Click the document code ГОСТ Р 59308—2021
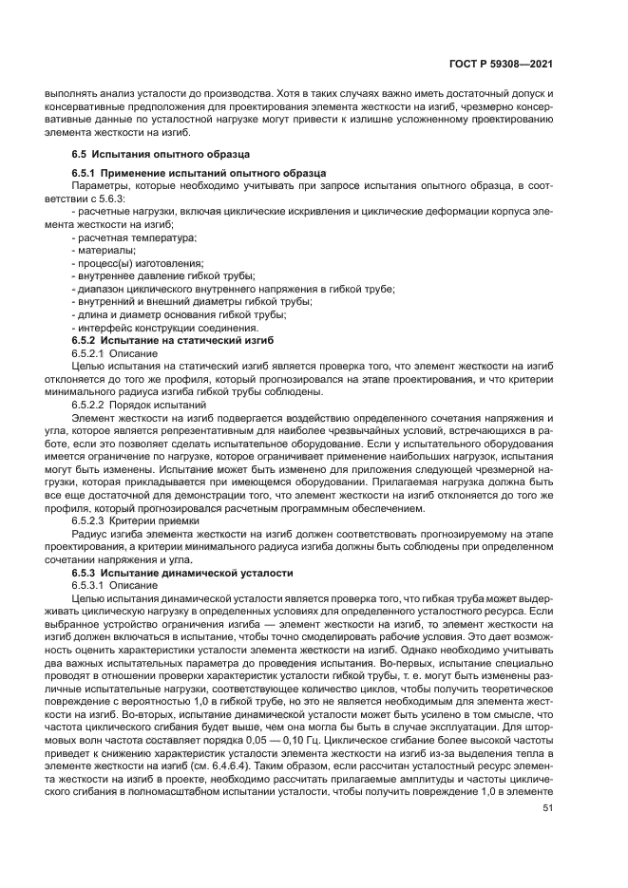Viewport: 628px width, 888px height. [x=506, y=64]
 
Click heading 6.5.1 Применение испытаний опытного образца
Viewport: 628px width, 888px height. [x=199, y=173]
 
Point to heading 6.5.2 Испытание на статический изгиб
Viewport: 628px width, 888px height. [x=172, y=339]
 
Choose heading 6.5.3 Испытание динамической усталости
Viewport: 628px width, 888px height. [x=182, y=574]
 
